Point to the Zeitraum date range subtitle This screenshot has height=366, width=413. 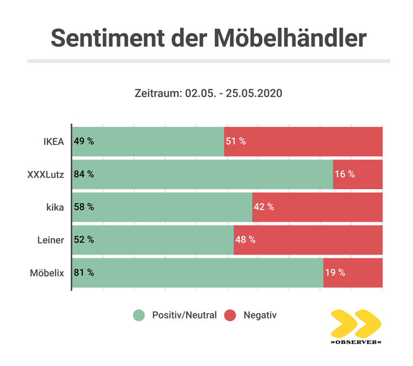coord(208,93)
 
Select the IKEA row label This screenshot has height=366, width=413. coord(54,141)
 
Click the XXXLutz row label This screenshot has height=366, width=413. coord(46,174)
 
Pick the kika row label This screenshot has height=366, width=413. coord(56,207)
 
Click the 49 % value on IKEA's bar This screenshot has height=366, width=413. coord(84,141)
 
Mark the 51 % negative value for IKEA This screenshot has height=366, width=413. coord(235,141)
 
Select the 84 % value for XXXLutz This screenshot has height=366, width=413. coord(84,174)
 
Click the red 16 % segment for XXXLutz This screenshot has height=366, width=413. coord(357,174)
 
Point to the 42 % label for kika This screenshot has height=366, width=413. coord(263,207)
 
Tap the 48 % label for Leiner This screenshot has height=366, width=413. coord(245,240)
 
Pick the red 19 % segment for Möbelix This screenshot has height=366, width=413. coord(352,273)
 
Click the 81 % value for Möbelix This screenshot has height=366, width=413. coord(84,273)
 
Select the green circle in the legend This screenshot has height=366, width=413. coord(139,316)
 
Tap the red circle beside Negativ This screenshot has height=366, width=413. coord(230,316)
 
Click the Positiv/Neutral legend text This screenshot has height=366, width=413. coord(184,316)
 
